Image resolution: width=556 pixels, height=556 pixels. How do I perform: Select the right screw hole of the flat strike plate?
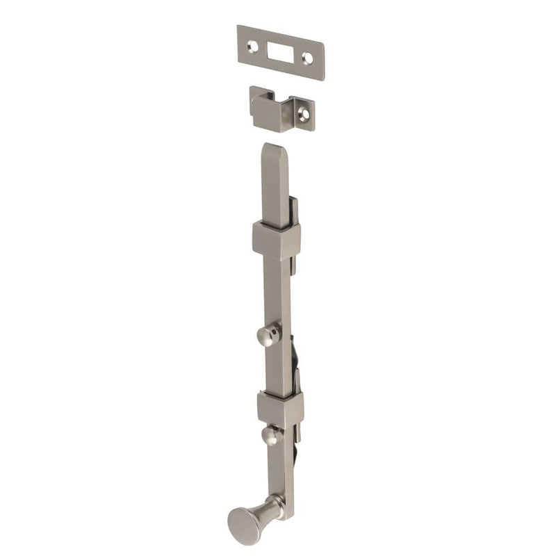point(307,60)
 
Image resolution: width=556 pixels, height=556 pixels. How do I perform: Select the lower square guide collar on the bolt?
point(279,409)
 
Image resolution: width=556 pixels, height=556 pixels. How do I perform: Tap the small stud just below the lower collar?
point(272,436)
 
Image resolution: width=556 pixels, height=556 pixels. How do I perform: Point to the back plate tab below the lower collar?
point(300,445)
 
